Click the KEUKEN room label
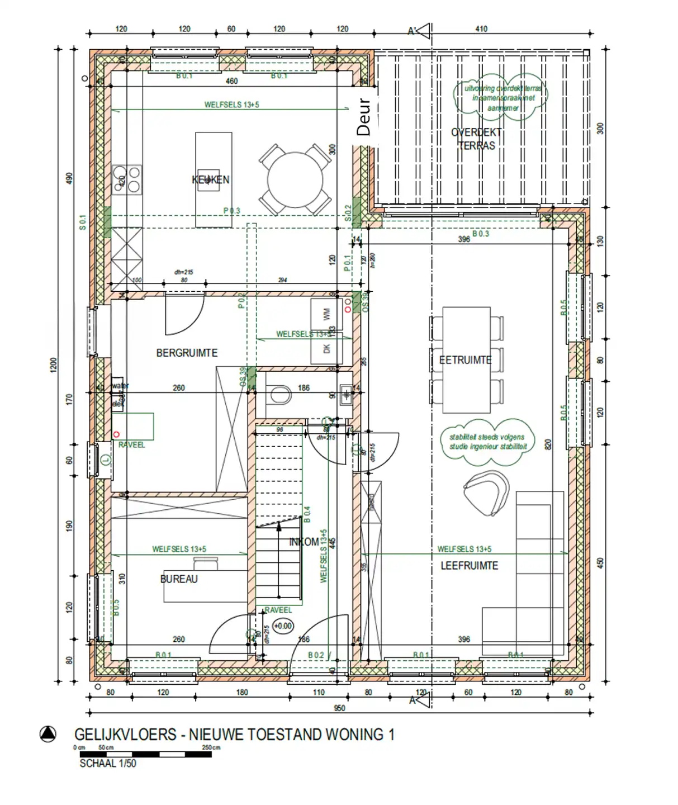[x=211, y=179]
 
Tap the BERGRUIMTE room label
[x=187, y=353]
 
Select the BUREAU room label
[x=179, y=579]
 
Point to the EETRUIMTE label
[x=465, y=360]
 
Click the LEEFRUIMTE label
[x=469, y=566]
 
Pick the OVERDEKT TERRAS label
[x=476, y=139]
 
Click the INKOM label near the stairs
[x=304, y=542]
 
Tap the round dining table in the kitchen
[x=295, y=180]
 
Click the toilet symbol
[x=278, y=394]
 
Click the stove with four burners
[x=127, y=179]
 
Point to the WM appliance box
[x=326, y=315]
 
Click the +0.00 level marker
[x=283, y=626]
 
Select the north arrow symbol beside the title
[x=48, y=734]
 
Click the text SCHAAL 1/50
[x=108, y=764]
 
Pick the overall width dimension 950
[x=339, y=708]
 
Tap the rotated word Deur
[x=364, y=117]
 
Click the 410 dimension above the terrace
[x=481, y=29]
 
